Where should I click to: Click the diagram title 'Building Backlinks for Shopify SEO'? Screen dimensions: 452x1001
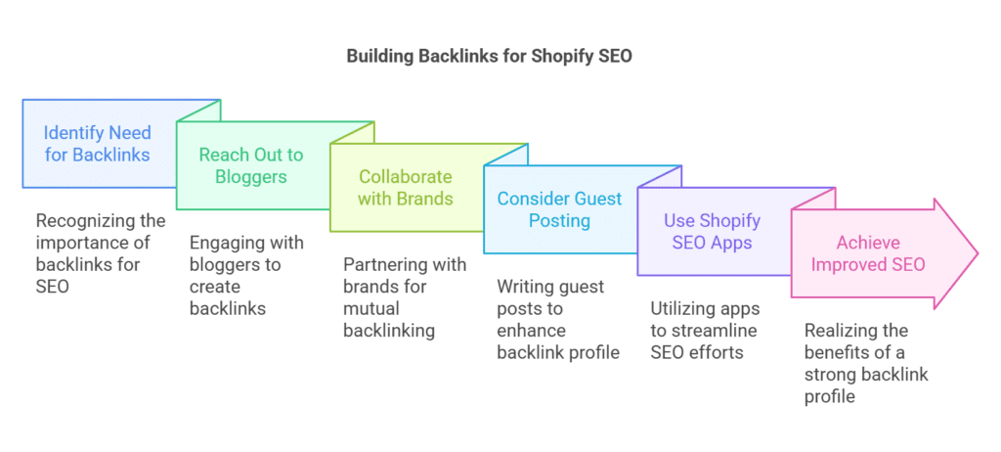[489, 56]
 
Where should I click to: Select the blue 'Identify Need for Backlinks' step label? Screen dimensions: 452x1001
[97, 143]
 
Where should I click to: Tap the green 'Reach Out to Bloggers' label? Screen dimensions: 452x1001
[251, 165]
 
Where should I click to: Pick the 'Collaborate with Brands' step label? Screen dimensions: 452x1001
[406, 187]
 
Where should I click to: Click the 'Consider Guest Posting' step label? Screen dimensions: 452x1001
[559, 209]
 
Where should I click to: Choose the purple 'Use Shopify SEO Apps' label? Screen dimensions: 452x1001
[712, 231]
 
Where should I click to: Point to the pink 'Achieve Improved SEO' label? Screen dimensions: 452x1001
[867, 252]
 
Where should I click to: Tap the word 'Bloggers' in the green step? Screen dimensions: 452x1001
[251, 177]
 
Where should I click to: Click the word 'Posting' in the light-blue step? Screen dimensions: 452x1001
[559, 221]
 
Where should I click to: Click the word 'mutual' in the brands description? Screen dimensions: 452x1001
[370, 308]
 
